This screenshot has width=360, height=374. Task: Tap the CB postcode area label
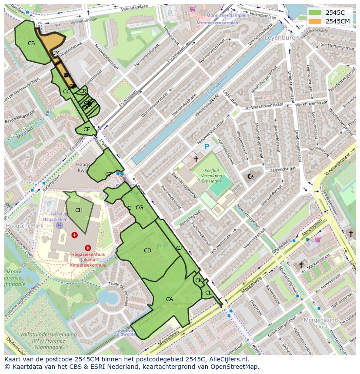click(x=31, y=43)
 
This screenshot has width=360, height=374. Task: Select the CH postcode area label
click(x=79, y=210)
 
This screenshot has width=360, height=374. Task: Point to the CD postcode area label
click(x=147, y=251)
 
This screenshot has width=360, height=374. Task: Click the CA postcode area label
click(x=170, y=299)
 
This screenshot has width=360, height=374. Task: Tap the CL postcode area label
click(x=208, y=293)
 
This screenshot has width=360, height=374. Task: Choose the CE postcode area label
click(x=87, y=129)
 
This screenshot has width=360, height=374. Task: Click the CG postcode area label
click(x=139, y=208)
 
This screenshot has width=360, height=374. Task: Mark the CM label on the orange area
click(x=56, y=53)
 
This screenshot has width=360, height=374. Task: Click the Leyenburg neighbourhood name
click(x=280, y=38)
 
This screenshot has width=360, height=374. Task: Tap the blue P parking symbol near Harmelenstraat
click(x=207, y=147)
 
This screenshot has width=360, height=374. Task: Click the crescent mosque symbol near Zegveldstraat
click(x=250, y=176)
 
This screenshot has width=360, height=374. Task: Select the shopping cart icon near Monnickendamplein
click(x=192, y=8)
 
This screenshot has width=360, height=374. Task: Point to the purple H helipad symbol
click(x=59, y=225)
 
